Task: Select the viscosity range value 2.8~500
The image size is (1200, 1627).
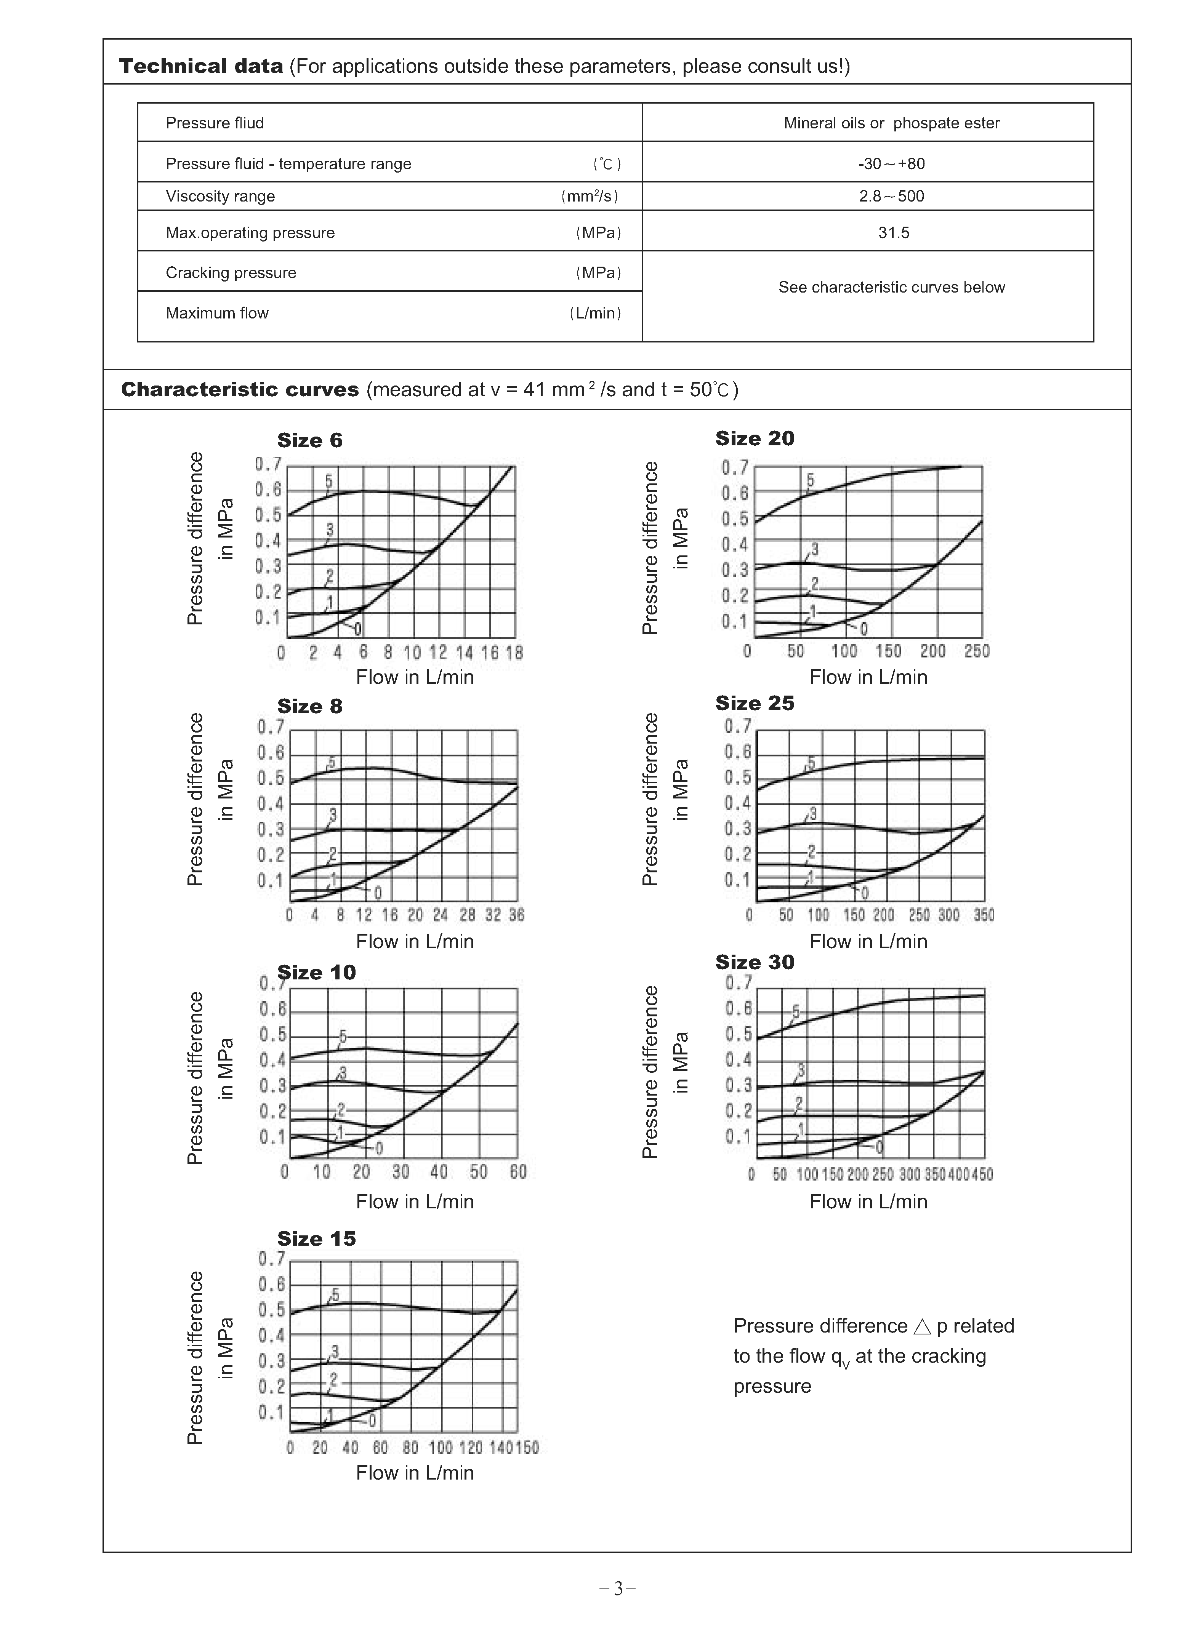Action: pos(891,196)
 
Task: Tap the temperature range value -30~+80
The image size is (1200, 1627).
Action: pos(891,163)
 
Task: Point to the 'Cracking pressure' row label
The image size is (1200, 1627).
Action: pos(231,273)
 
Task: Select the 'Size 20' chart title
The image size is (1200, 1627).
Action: pos(755,438)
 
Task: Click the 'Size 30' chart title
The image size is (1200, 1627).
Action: pos(755,962)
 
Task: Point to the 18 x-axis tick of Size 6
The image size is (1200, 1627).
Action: pos(514,653)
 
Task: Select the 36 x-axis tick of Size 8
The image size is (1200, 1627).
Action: pos(516,915)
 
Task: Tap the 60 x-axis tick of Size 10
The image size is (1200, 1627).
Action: pos(518,1172)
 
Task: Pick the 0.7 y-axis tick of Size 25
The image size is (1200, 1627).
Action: pos(737,726)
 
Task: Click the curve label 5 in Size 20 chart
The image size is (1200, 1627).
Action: pos(810,481)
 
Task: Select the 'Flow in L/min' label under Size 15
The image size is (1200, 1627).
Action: pos(415,1472)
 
